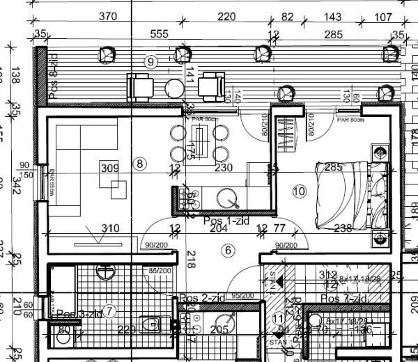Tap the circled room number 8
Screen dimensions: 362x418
pos(141,164)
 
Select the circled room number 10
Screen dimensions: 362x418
pos(300,191)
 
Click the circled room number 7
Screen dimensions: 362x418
pos(109,310)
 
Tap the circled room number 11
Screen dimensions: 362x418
pos(277,319)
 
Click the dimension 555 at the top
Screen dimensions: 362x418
pos(160,34)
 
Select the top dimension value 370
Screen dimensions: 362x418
pos(107,16)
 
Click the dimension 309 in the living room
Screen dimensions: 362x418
pos(109,168)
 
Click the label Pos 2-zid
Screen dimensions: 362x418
pos(201,298)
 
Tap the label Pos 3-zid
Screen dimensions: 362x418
pos(79,314)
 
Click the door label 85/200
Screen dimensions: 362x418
pos(160,270)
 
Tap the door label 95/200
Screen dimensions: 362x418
pos(242,295)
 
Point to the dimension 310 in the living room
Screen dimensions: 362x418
pos(110,228)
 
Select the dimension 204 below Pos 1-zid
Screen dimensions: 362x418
pos(219,228)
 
